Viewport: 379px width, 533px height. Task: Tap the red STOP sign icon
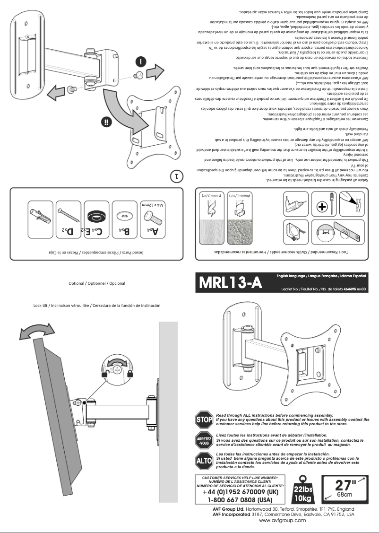(x=204, y=419)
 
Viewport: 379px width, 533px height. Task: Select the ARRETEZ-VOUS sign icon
(x=204, y=441)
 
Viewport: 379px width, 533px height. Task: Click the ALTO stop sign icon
(x=204, y=460)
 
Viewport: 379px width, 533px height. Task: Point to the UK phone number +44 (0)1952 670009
(x=240, y=492)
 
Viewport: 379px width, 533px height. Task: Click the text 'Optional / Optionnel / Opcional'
(x=97, y=283)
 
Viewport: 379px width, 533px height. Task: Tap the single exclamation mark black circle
(x=141, y=62)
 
